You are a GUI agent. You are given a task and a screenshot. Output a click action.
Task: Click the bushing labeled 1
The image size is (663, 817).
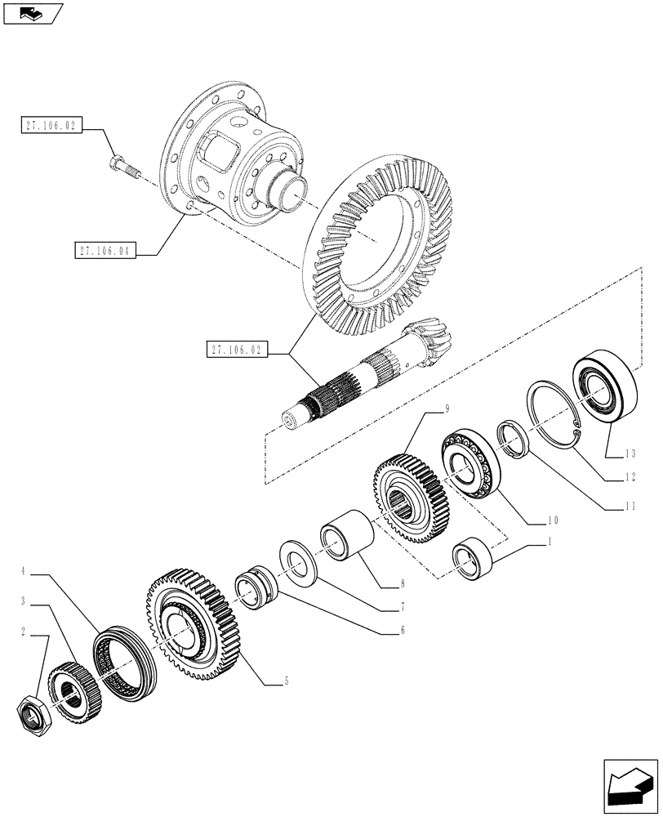(470, 561)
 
